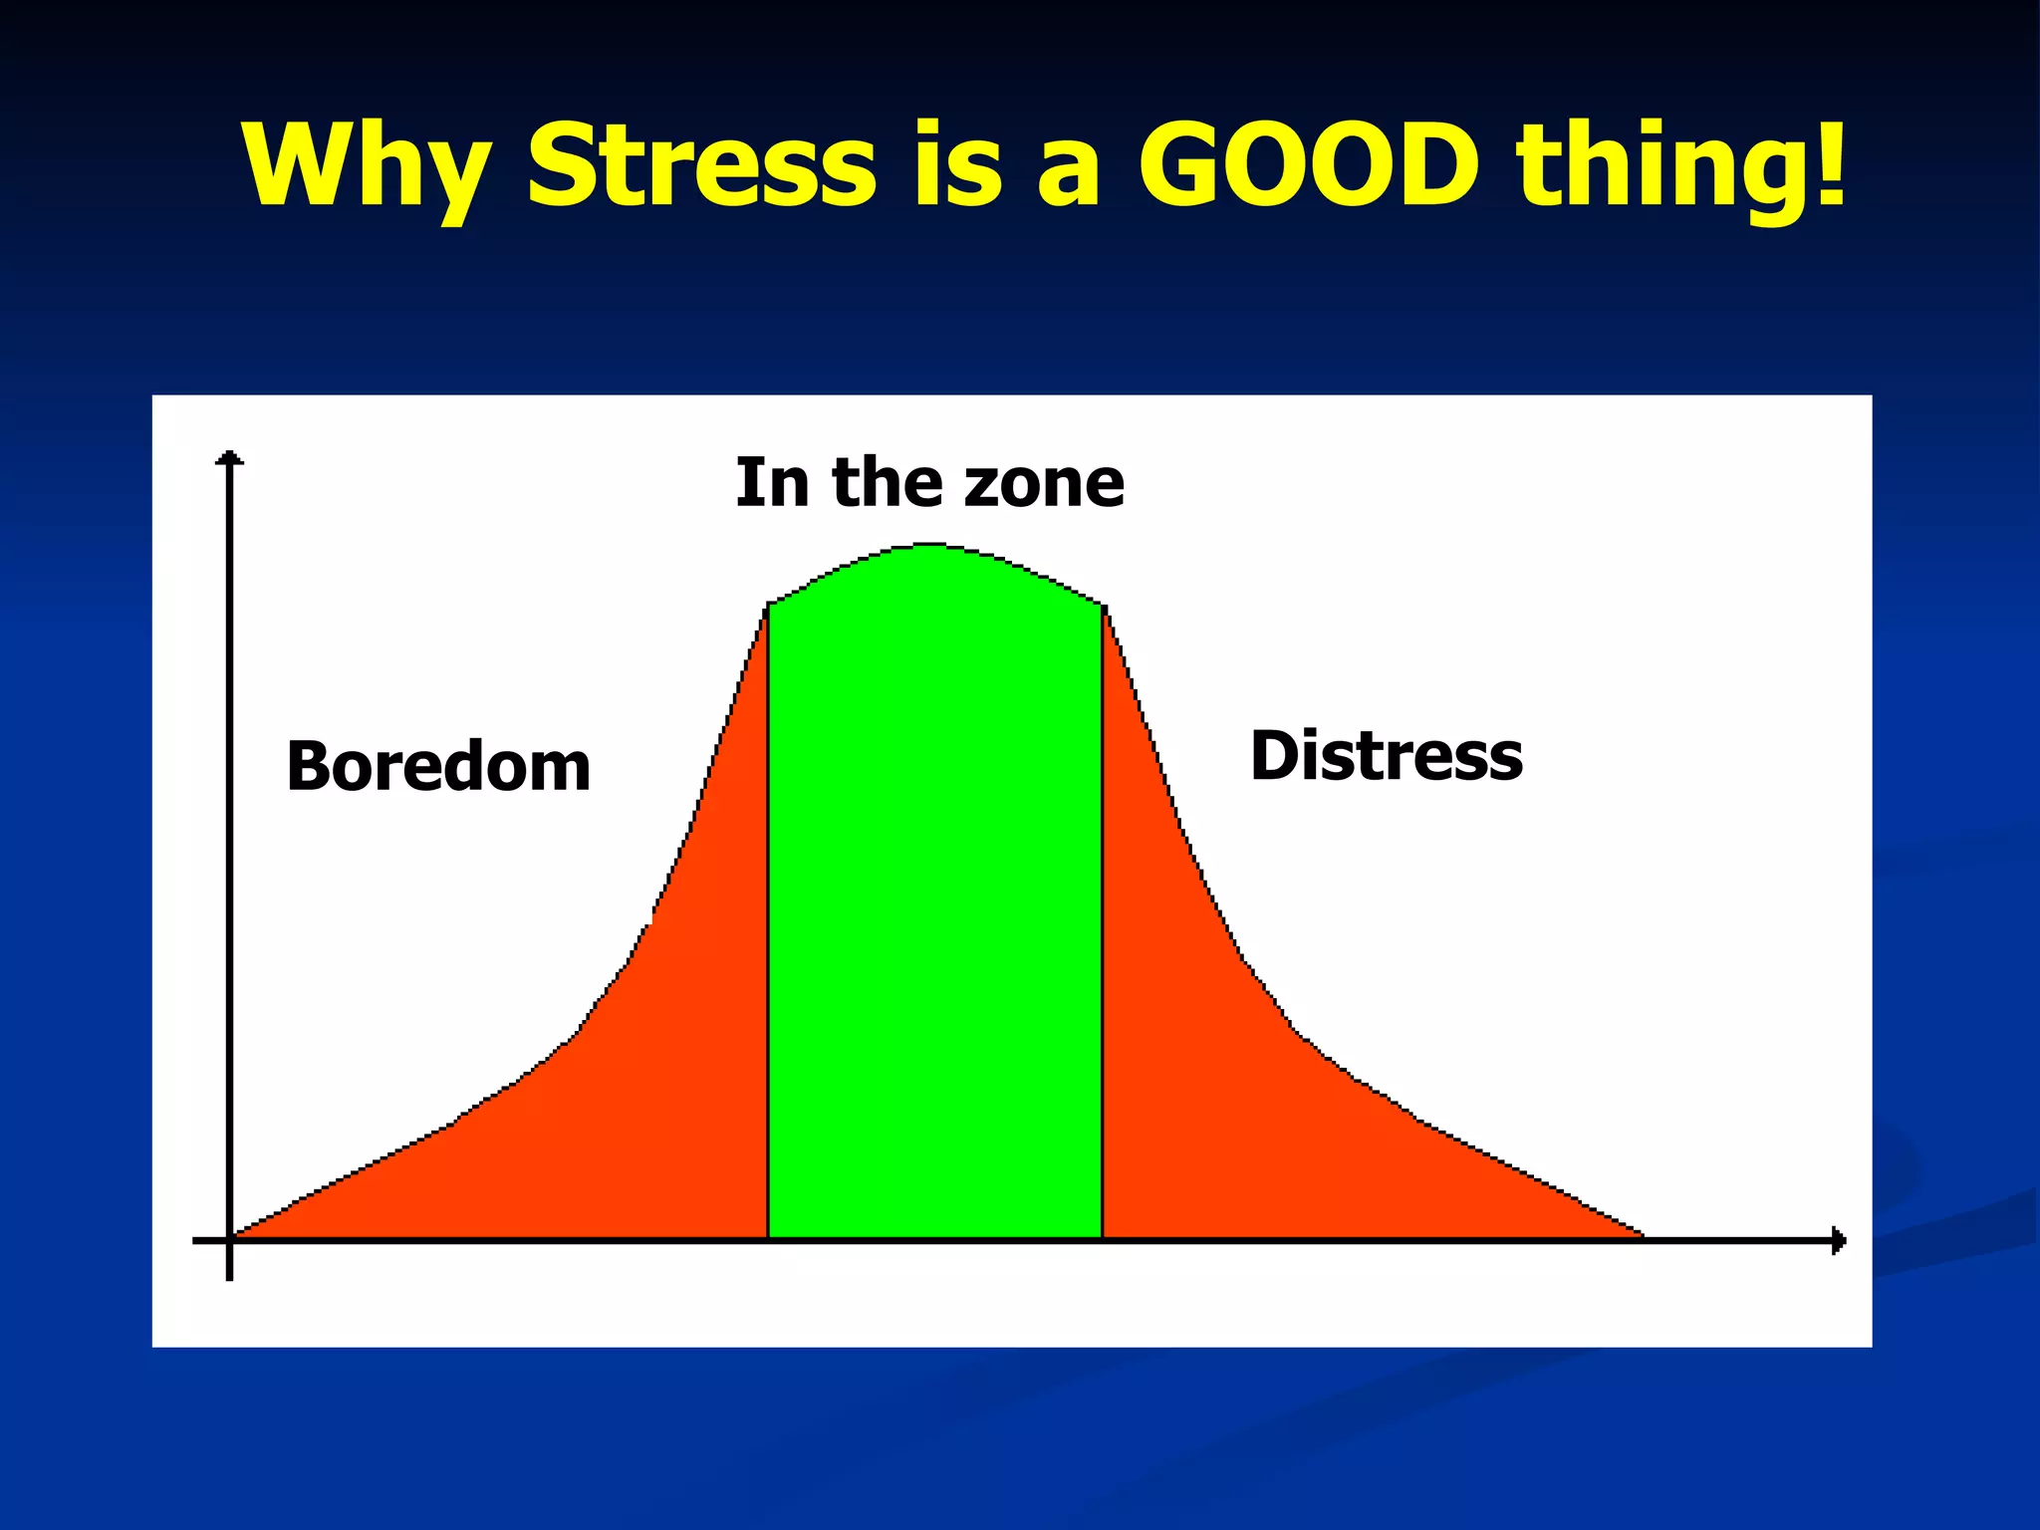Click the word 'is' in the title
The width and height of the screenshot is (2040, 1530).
tap(957, 164)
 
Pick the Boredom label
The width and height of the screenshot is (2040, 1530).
tap(438, 767)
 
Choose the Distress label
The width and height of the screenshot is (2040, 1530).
tap(1386, 756)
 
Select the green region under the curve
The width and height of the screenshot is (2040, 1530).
tap(934, 896)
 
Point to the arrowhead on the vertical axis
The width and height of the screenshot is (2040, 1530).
tap(230, 458)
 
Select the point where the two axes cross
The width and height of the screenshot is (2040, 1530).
tap(230, 1241)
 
